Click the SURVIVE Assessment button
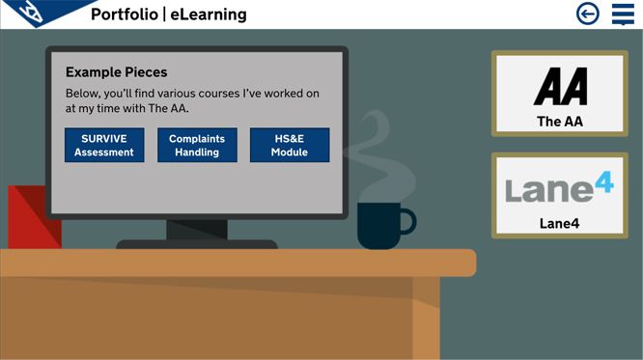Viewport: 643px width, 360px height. (x=104, y=145)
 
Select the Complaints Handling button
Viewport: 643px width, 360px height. (x=197, y=145)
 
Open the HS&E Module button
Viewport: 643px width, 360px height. (x=290, y=145)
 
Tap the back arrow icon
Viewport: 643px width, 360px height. (x=587, y=14)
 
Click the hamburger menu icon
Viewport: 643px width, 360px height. (x=623, y=14)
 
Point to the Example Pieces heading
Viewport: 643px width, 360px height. (x=116, y=72)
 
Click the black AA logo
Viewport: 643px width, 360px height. (x=560, y=87)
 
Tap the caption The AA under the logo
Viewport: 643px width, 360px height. (x=560, y=122)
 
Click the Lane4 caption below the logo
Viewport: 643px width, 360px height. (x=560, y=224)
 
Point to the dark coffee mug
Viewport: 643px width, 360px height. (x=379, y=225)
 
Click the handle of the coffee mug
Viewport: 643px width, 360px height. (x=408, y=222)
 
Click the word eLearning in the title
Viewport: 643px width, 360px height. (x=209, y=14)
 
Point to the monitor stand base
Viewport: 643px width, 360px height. (x=197, y=244)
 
